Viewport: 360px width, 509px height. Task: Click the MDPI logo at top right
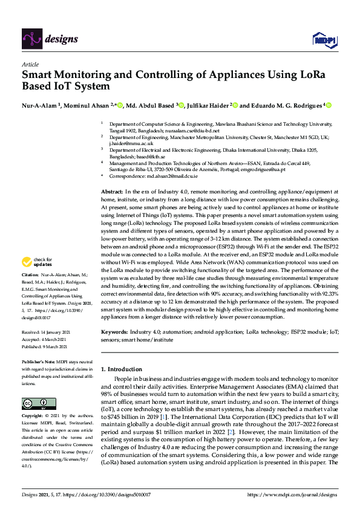(x=324, y=40)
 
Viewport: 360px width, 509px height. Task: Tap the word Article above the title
(x=30, y=64)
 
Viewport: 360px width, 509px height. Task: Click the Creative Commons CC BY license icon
(x=34, y=403)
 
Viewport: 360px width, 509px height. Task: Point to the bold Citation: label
(x=31, y=291)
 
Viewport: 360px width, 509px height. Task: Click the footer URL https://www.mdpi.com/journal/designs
(x=292, y=495)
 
